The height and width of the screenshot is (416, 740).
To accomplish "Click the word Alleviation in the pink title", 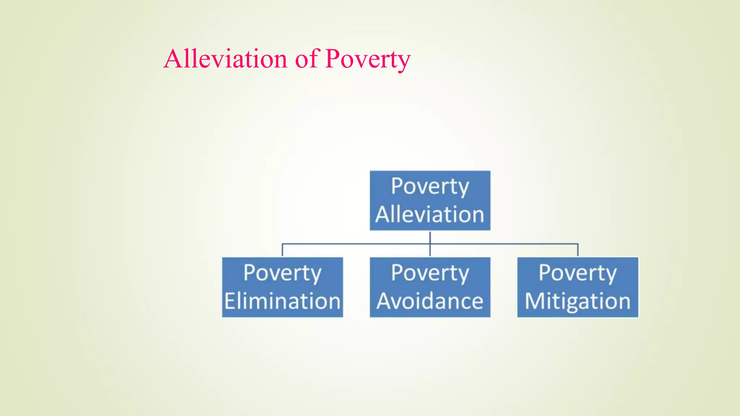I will (225, 58).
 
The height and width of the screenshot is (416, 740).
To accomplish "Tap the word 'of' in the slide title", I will (306, 58).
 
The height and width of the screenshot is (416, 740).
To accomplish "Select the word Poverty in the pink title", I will (367, 59).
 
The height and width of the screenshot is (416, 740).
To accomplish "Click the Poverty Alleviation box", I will (430, 200).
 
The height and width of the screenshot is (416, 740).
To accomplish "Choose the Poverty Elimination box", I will (282, 287).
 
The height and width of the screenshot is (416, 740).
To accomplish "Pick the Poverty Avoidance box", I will (430, 287).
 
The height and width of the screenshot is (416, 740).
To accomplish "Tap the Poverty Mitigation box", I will (578, 287).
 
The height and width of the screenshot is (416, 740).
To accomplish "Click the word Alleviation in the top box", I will (430, 214).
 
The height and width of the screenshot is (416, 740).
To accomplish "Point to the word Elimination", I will (283, 301).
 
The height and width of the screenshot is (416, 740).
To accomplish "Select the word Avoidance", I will (430, 301).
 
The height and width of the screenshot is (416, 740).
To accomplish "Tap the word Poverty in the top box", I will (430, 187).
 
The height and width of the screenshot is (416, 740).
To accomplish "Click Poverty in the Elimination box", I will (282, 273).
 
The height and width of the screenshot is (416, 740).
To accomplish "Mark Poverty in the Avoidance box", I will (430, 273).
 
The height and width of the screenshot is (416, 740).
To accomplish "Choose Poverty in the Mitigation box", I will (578, 273).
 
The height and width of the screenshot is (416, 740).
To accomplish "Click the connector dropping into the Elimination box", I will (282, 250).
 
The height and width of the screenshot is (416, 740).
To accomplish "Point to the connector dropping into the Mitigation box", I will (578, 250).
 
